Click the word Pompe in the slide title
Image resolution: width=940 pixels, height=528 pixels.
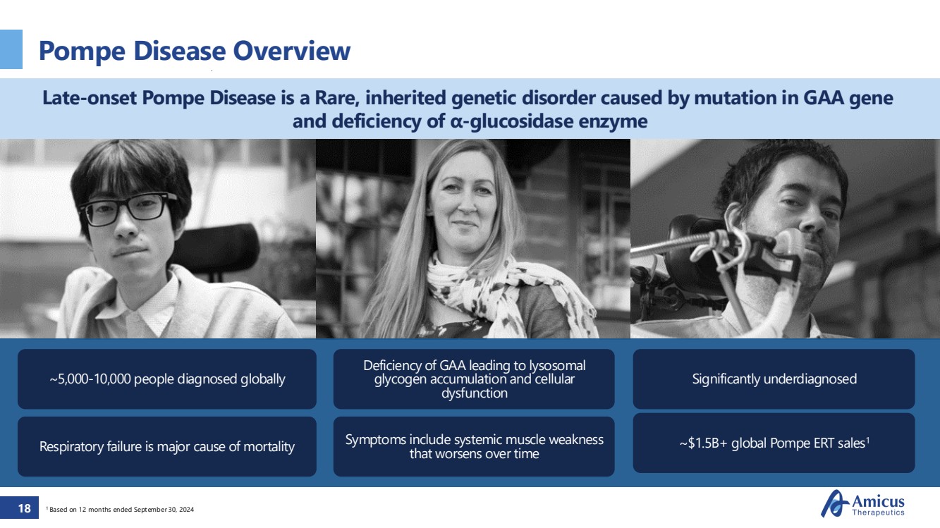pyautogui.click(x=82, y=51)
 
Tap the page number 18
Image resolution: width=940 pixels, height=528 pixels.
pyautogui.click(x=25, y=508)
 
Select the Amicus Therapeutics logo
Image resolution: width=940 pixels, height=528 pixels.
pyautogui.click(x=862, y=503)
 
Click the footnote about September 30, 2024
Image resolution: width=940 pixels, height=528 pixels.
pyautogui.click(x=120, y=510)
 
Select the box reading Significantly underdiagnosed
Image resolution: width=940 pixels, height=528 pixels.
pyautogui.click(x=774, y=379)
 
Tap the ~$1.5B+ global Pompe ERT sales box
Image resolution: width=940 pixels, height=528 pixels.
pyautogui.click(x=774, y=443)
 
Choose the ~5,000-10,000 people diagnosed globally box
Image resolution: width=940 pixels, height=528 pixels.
pyautogui.click(x=167, y=379)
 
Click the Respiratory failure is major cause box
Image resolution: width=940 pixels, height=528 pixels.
pyautogui.click(x=167, y=446)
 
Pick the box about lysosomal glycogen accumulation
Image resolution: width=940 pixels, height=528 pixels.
pyautogui.click(x=474, y=379)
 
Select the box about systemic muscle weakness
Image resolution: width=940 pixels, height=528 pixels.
pyautogui.click(x=474, y=446)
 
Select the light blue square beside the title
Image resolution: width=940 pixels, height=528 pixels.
pyautogui.click(x=11, y=49)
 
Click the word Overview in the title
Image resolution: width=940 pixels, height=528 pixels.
pyautogui.click(x=292, y=51)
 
